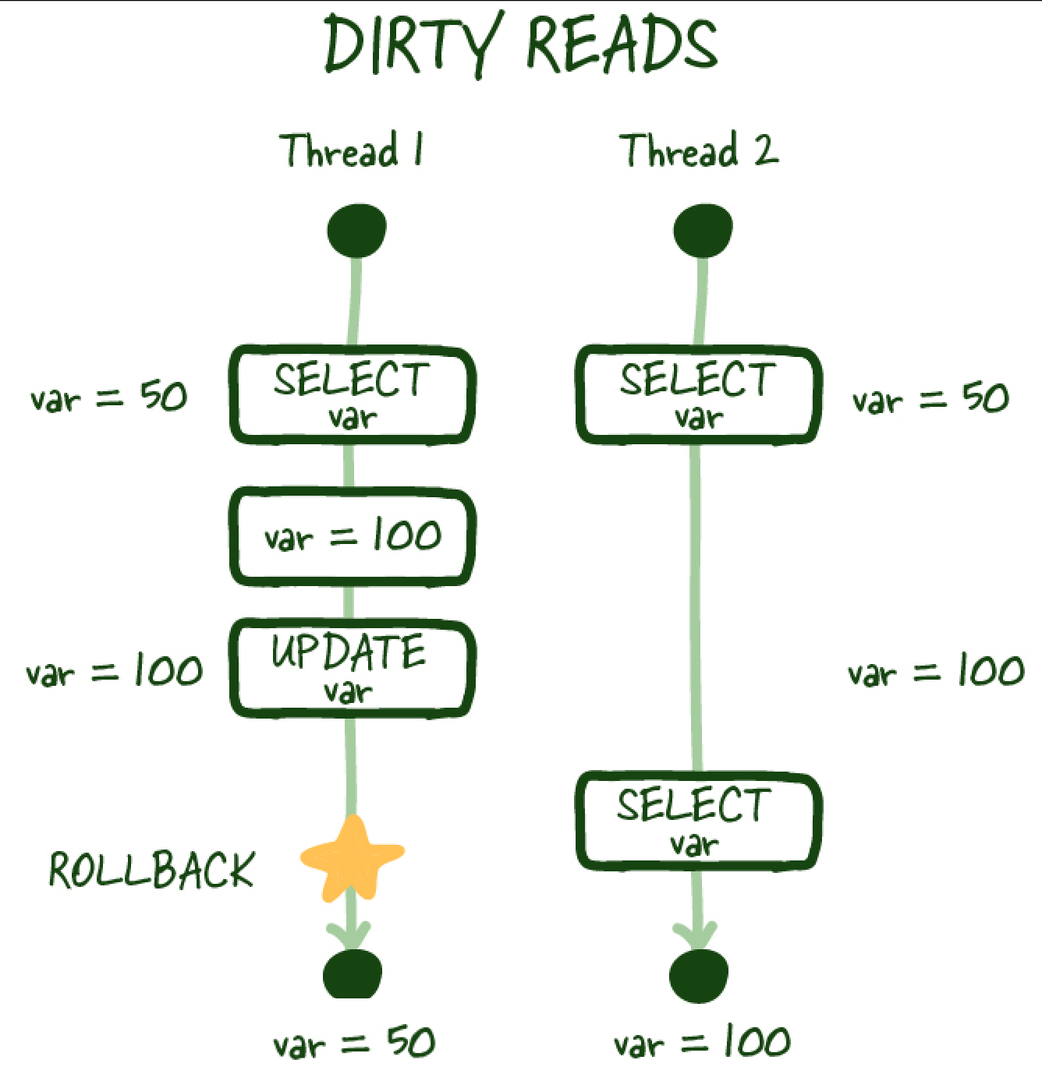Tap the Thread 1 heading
point(352,150)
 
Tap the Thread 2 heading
point(699,150)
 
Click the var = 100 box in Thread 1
point(352,536)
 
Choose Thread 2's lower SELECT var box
point(698,821)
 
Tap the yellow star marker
point(352,858)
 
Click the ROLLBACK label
point(152,870)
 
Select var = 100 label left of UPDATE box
point(114,670)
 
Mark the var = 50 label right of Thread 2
point(930,399)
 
